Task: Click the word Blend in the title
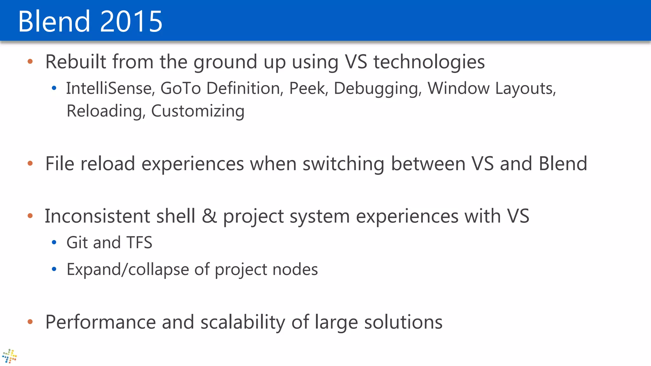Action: click(54, 21)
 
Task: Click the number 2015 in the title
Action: click(131, 21)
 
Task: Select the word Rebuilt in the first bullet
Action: click(76, 62)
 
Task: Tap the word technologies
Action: click(429, 62)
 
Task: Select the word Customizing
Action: click(198, 111)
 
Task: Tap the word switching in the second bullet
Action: click(343, 164)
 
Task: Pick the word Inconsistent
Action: click(98, 216)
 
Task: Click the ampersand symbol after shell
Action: click(209, 216)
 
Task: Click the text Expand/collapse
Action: click(128, 270)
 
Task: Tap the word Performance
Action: click(100, 322)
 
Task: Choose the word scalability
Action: click(243, 322)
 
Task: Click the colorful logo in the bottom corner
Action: click(9, 356)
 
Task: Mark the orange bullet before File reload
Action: click(30, 163)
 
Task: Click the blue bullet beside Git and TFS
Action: click(54, 243)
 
